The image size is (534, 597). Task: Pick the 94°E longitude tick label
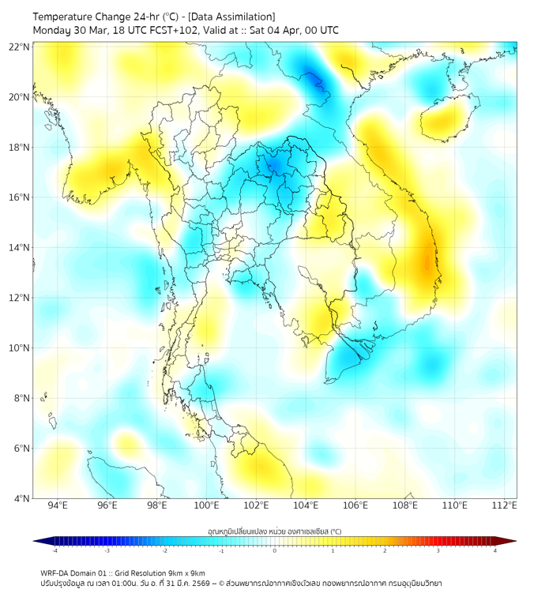(x=58, y=505)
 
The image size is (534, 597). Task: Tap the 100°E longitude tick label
(x=206, y=505)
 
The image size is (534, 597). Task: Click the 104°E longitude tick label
(x=306, y=505)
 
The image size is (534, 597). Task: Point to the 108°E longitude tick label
(x=405, y=505)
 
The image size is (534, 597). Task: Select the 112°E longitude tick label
(x=505, y=505)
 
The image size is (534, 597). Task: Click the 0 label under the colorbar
(x=275, y=551)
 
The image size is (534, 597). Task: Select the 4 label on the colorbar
(x=495, y=551)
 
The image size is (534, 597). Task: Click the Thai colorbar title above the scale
(x=275, y=531)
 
